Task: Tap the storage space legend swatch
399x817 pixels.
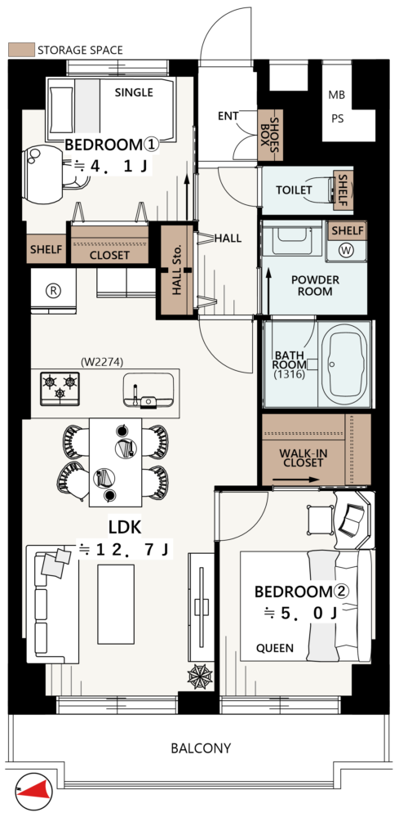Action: [22, 50]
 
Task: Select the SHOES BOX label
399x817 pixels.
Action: [271, 136]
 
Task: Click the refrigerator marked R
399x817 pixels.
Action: [53, 292]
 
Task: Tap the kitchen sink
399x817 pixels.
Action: [149, 391]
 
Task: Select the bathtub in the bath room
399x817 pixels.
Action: [344, 364]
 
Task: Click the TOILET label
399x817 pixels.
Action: [294, 190]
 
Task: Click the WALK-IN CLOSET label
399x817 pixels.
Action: [304, 458]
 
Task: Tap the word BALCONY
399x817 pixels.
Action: [201, 748]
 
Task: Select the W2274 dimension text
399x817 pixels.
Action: [102, 360]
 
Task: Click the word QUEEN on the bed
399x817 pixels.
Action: [275, 648]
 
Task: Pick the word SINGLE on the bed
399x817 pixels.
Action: [134, 93]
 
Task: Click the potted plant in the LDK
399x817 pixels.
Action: [200, 676]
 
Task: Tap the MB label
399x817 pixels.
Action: [336, 96]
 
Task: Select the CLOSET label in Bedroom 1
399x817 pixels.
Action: [109, 255]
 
